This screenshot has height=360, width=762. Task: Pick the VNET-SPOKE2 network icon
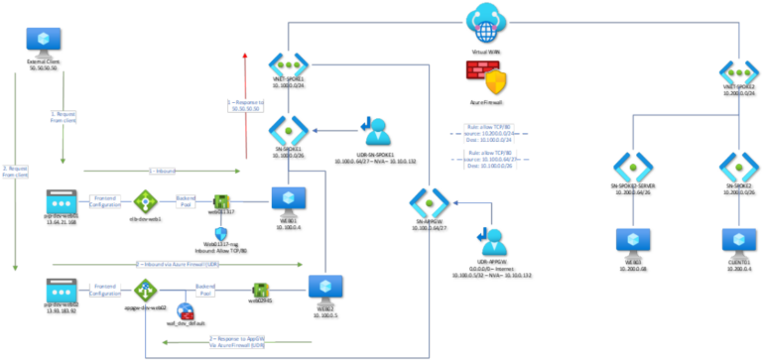point(739,72)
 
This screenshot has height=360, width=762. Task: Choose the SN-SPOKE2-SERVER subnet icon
point(630,166)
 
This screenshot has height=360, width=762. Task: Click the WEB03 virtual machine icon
point(630,242)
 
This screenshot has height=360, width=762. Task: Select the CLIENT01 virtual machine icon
point(739,242)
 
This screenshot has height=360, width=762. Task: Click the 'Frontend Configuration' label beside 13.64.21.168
point(108,200)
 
